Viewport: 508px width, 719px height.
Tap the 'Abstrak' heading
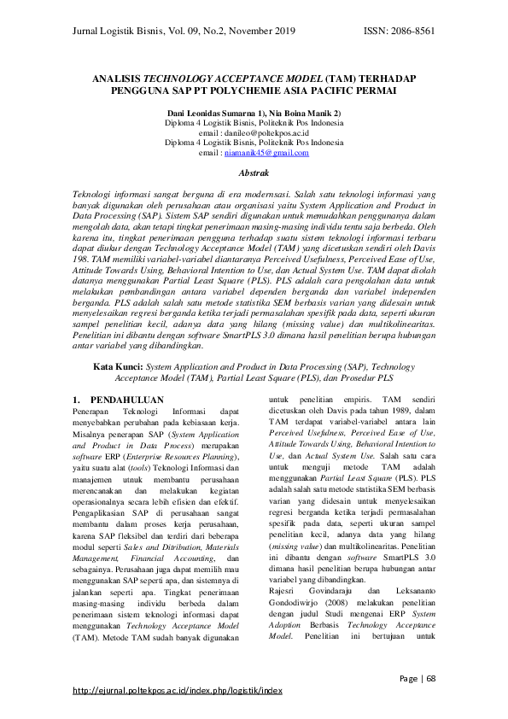254,172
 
